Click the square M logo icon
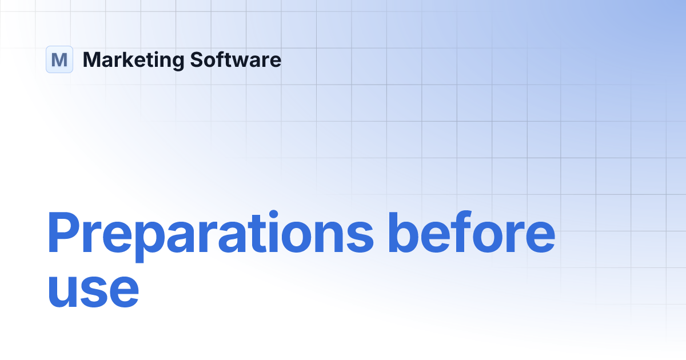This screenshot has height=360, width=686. (x=59, y=59)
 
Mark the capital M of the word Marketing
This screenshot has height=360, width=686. (x=91, y=59)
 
